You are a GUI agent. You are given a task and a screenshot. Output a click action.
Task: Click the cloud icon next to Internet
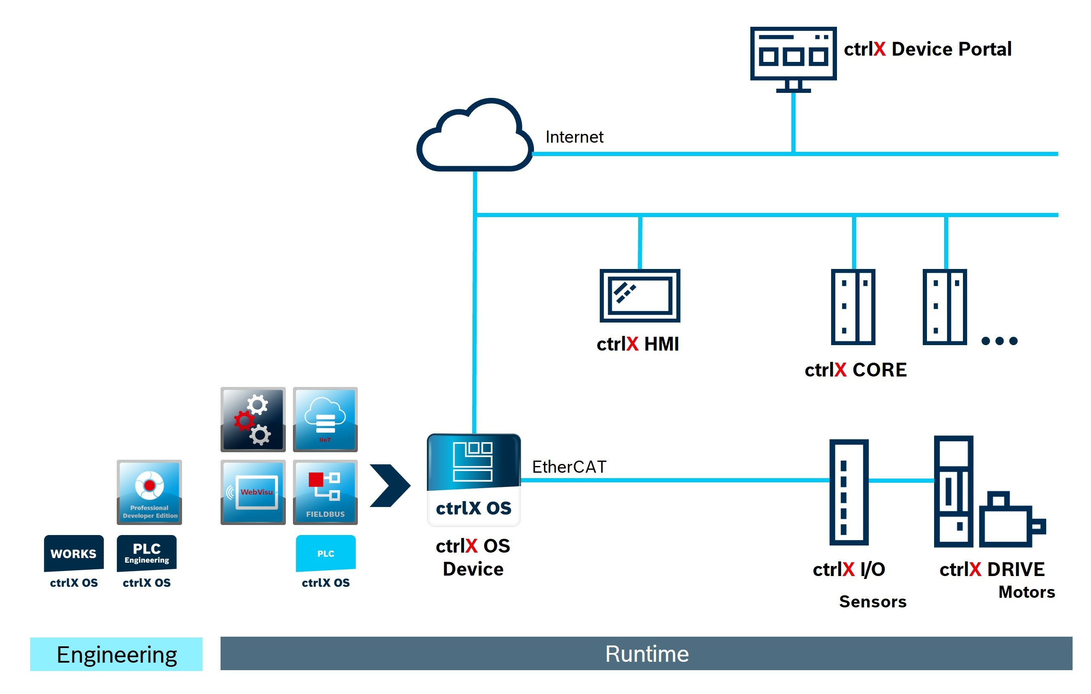(x=475, y=136)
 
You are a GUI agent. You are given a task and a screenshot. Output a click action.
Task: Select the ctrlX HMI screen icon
(x=639, y=295)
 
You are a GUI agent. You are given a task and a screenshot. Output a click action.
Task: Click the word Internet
(x=574, y=137)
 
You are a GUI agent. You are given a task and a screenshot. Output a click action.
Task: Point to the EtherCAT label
(x=569, y=466)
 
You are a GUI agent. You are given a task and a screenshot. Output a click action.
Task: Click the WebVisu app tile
(x=253, y=492)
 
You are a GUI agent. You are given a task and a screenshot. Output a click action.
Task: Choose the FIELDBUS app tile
(x=325, y=492)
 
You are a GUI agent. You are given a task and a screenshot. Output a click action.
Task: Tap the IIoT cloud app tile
(x=325, y=419)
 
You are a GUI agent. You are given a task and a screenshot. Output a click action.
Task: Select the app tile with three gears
(x=253, y=419)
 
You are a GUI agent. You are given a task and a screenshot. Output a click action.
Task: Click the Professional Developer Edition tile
(x=149, y=492)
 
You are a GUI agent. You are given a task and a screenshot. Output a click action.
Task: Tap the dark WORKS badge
(x=73, y=553)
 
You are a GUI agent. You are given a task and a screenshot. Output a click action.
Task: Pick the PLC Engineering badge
(x=146, y=553)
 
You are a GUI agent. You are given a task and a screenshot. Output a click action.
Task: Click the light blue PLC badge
(x=325, y=553)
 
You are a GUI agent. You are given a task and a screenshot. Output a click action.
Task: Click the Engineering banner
(x=116, y=654)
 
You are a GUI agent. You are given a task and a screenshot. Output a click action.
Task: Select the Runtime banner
(x=646, y=653)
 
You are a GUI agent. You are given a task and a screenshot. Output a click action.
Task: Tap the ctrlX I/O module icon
(x=848, y=492)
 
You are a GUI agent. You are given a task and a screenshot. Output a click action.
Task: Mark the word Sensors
(x=872, y=601)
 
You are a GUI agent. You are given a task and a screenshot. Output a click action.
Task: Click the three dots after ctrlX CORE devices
(x=999, y=341)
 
